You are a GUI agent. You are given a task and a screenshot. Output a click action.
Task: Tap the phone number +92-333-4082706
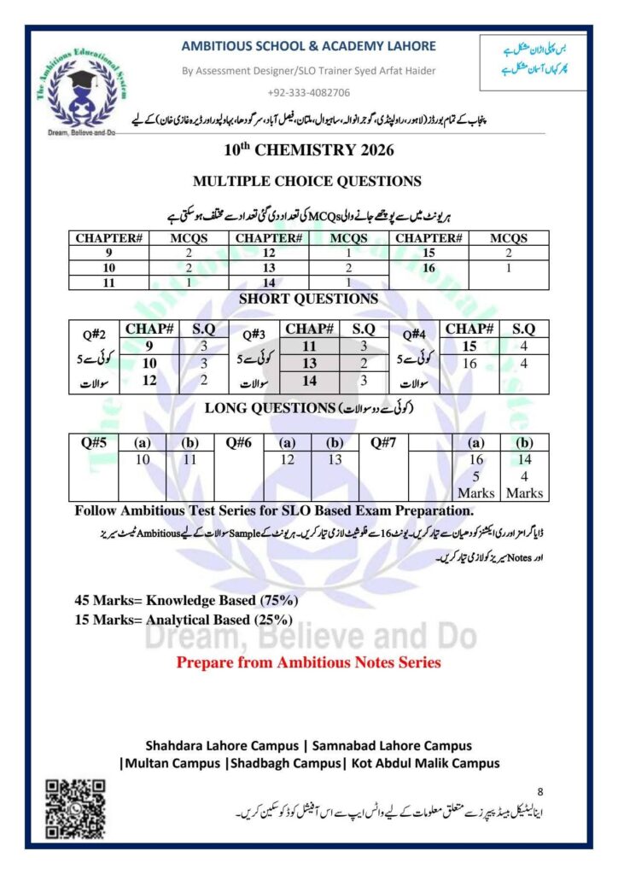point(308,91)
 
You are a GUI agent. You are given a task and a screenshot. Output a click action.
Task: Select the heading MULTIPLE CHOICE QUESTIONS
point(307,181)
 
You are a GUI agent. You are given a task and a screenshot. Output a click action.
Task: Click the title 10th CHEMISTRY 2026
point(308,150)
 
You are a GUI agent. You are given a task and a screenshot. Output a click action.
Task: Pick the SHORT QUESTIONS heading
point(308,299)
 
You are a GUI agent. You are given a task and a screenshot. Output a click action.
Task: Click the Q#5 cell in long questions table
point(93,443)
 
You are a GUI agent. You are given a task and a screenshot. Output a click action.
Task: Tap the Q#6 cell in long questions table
point(239,443)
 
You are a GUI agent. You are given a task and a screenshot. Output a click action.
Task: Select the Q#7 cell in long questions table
point(383,443)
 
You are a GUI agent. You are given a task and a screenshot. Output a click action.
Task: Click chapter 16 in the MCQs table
point(429,267)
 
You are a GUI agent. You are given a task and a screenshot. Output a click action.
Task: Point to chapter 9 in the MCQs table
point(108,253)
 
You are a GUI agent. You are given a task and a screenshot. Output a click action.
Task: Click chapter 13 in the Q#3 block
point(309,363)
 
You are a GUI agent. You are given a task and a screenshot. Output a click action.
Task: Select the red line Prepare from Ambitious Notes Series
point(308,661)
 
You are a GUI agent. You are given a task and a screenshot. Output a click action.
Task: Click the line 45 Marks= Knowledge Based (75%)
point(187,600)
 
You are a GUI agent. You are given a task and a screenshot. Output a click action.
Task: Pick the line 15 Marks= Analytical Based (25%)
point(184,620)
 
